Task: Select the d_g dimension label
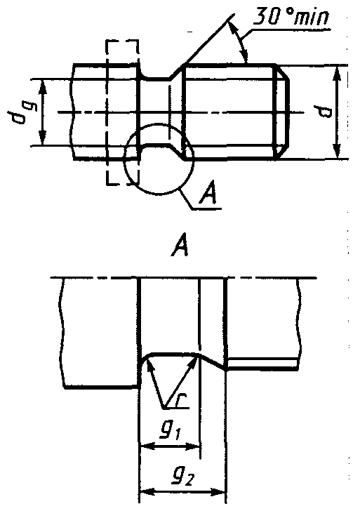click(x=20, y=112)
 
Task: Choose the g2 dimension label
click(x=182, y=477)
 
